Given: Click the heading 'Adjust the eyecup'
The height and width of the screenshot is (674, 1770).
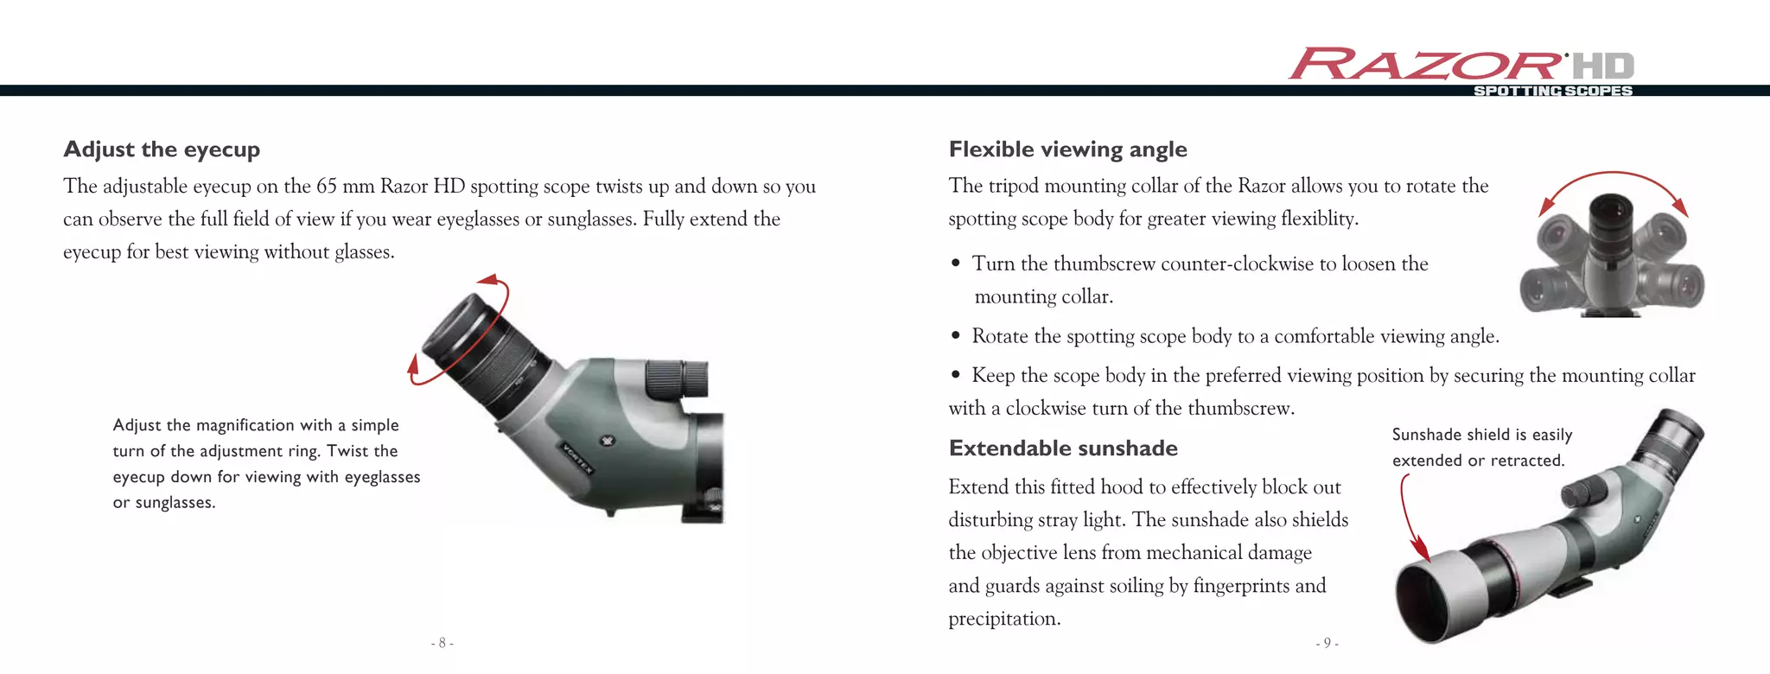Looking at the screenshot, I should tap(162, 149).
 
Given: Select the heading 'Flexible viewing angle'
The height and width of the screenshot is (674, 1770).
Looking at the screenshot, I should tap(1067, 149).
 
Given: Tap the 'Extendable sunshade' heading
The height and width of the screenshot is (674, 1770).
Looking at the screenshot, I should tap(1063, 448).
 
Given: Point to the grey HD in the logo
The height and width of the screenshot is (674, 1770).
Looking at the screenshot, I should tap(1603, 66).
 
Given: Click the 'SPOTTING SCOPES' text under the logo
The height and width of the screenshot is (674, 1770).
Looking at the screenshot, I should tap(1552, 91).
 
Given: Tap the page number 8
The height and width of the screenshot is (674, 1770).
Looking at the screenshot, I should tap(442, 643).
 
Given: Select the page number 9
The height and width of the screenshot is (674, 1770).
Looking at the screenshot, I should tap(1327, 643).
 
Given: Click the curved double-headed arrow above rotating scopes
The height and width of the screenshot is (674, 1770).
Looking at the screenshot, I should tap(1613, 181).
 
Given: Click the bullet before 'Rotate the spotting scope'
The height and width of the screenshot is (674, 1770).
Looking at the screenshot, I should tap(955, 336).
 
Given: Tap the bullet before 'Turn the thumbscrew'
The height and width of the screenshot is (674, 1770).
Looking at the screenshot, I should tap(955, 264).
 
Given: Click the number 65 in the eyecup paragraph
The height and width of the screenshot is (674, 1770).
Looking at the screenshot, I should tap(326, 187).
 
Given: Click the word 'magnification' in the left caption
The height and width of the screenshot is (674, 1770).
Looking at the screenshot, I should tap(245, 425).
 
